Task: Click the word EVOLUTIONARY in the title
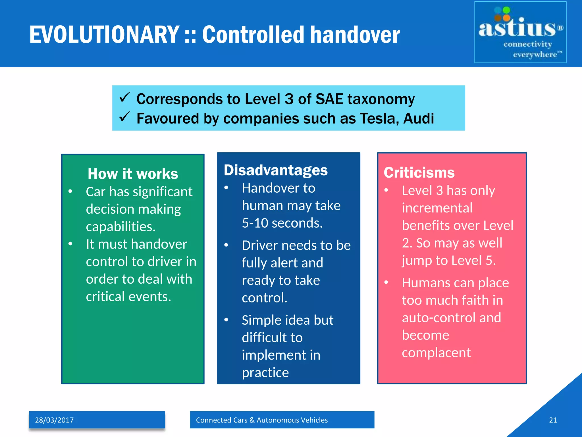click(x=104, y=35)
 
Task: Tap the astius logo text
click(x=517, y=28)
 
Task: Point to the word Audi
click(x=418, y=118)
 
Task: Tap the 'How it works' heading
click(x=133, y=174)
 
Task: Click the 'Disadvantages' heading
click(x=276, y=170)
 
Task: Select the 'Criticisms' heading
click(x=419, y=172)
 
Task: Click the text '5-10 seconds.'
click(x=282, y=223)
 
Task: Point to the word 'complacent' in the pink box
click(x=436, y=353)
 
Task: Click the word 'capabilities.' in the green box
click(x=121, y=227)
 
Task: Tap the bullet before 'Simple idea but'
click(x=226, y=320)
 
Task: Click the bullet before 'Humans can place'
click(x=386, y=282)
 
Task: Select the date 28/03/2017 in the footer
click(x=54, y=420)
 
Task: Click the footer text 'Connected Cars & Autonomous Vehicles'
click(x=262, y=420)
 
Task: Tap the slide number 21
click(x=553, y=420)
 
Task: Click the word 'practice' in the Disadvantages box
click(x=265, y=373)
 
